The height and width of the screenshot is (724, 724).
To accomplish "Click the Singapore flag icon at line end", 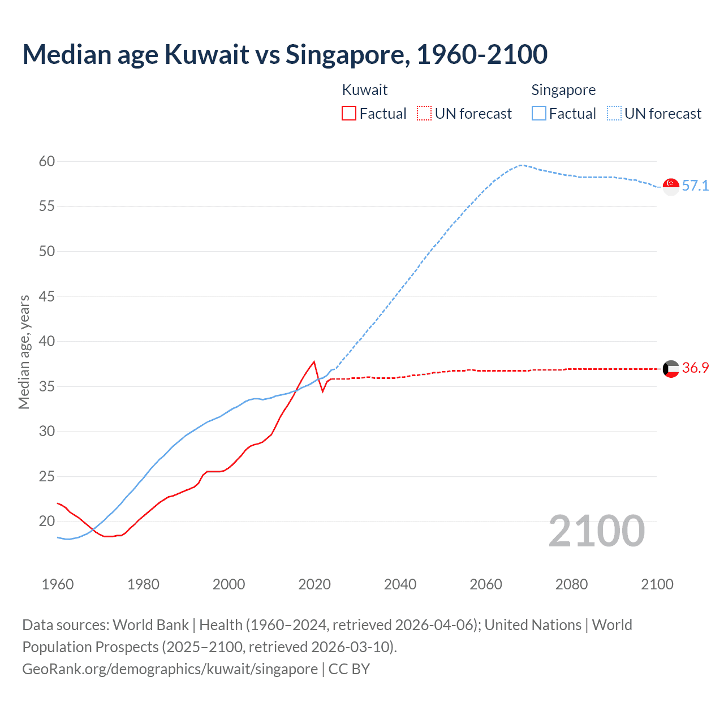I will (671, 186).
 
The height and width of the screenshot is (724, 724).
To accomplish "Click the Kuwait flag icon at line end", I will (671, 369).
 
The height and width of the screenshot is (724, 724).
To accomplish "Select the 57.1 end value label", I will (695, 186).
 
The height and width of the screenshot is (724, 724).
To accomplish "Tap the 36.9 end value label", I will (695, 368).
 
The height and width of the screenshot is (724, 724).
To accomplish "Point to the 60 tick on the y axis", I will (47, 162).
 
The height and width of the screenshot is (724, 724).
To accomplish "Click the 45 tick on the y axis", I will (47, 296).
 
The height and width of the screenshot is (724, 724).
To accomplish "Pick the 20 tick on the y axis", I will (47, 521).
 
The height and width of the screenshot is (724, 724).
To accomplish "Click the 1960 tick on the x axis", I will (58, 584).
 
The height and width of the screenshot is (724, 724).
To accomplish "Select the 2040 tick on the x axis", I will (400, 584).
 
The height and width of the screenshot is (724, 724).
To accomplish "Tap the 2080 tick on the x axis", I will (571, 584).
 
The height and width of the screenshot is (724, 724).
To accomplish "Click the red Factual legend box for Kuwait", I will (349, 114).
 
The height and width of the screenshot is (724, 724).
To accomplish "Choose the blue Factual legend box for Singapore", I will (538, 114).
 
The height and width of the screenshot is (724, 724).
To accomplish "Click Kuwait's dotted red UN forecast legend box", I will (424, 114).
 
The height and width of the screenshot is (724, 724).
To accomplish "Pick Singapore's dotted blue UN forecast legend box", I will (614, 114).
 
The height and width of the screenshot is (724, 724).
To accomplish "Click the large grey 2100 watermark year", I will (596, 531).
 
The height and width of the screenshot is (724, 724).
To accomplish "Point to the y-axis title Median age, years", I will (24, 352).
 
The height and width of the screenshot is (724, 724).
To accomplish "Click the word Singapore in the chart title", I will (347, 54).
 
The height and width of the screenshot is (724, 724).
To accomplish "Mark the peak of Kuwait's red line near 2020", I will (314, 362).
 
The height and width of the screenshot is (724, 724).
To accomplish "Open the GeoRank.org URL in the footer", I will (170, 669).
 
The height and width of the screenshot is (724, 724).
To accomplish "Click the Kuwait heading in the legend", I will (365, 90).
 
